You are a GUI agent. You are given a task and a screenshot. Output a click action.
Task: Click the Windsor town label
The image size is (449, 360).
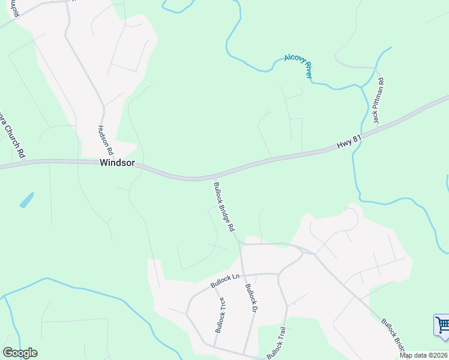coord(117,163)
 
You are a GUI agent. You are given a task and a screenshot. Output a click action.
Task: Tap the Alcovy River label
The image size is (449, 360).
coord(298,67)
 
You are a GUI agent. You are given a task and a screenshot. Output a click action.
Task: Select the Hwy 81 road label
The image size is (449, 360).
coord(349,142)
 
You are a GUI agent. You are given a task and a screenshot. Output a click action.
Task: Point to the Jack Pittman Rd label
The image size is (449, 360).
coord(378,101)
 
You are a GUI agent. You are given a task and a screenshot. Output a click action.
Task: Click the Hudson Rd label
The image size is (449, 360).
coord(106,140)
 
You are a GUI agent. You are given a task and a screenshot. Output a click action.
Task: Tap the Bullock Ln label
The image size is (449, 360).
coord(225,281)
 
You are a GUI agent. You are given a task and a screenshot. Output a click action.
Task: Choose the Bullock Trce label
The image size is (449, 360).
coord(220,315)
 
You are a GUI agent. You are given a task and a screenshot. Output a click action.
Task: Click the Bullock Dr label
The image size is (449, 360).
coord(250,298)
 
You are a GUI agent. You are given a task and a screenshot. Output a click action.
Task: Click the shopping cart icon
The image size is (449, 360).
coord(442,325)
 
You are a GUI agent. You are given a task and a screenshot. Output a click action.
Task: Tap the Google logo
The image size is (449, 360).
coord(20,353)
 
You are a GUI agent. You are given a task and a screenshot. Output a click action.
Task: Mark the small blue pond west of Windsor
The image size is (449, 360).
coord(27,200)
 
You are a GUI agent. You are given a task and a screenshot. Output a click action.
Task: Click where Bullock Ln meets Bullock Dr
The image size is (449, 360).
coord(243,275)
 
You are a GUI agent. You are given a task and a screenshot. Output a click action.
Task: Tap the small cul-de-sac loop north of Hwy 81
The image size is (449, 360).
coord(268,111)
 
